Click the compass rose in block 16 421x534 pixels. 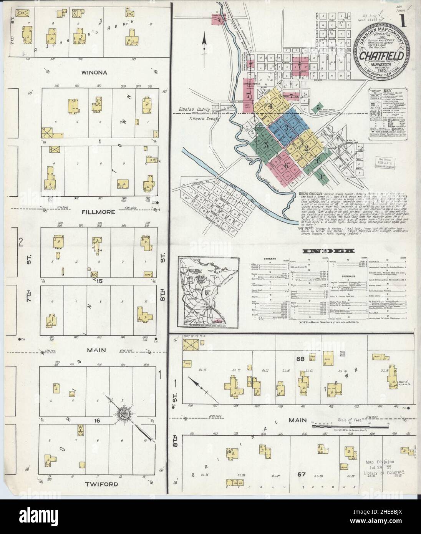[124, 415]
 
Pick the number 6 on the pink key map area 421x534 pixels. [286, 166]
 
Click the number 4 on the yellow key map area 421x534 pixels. [270, 106]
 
